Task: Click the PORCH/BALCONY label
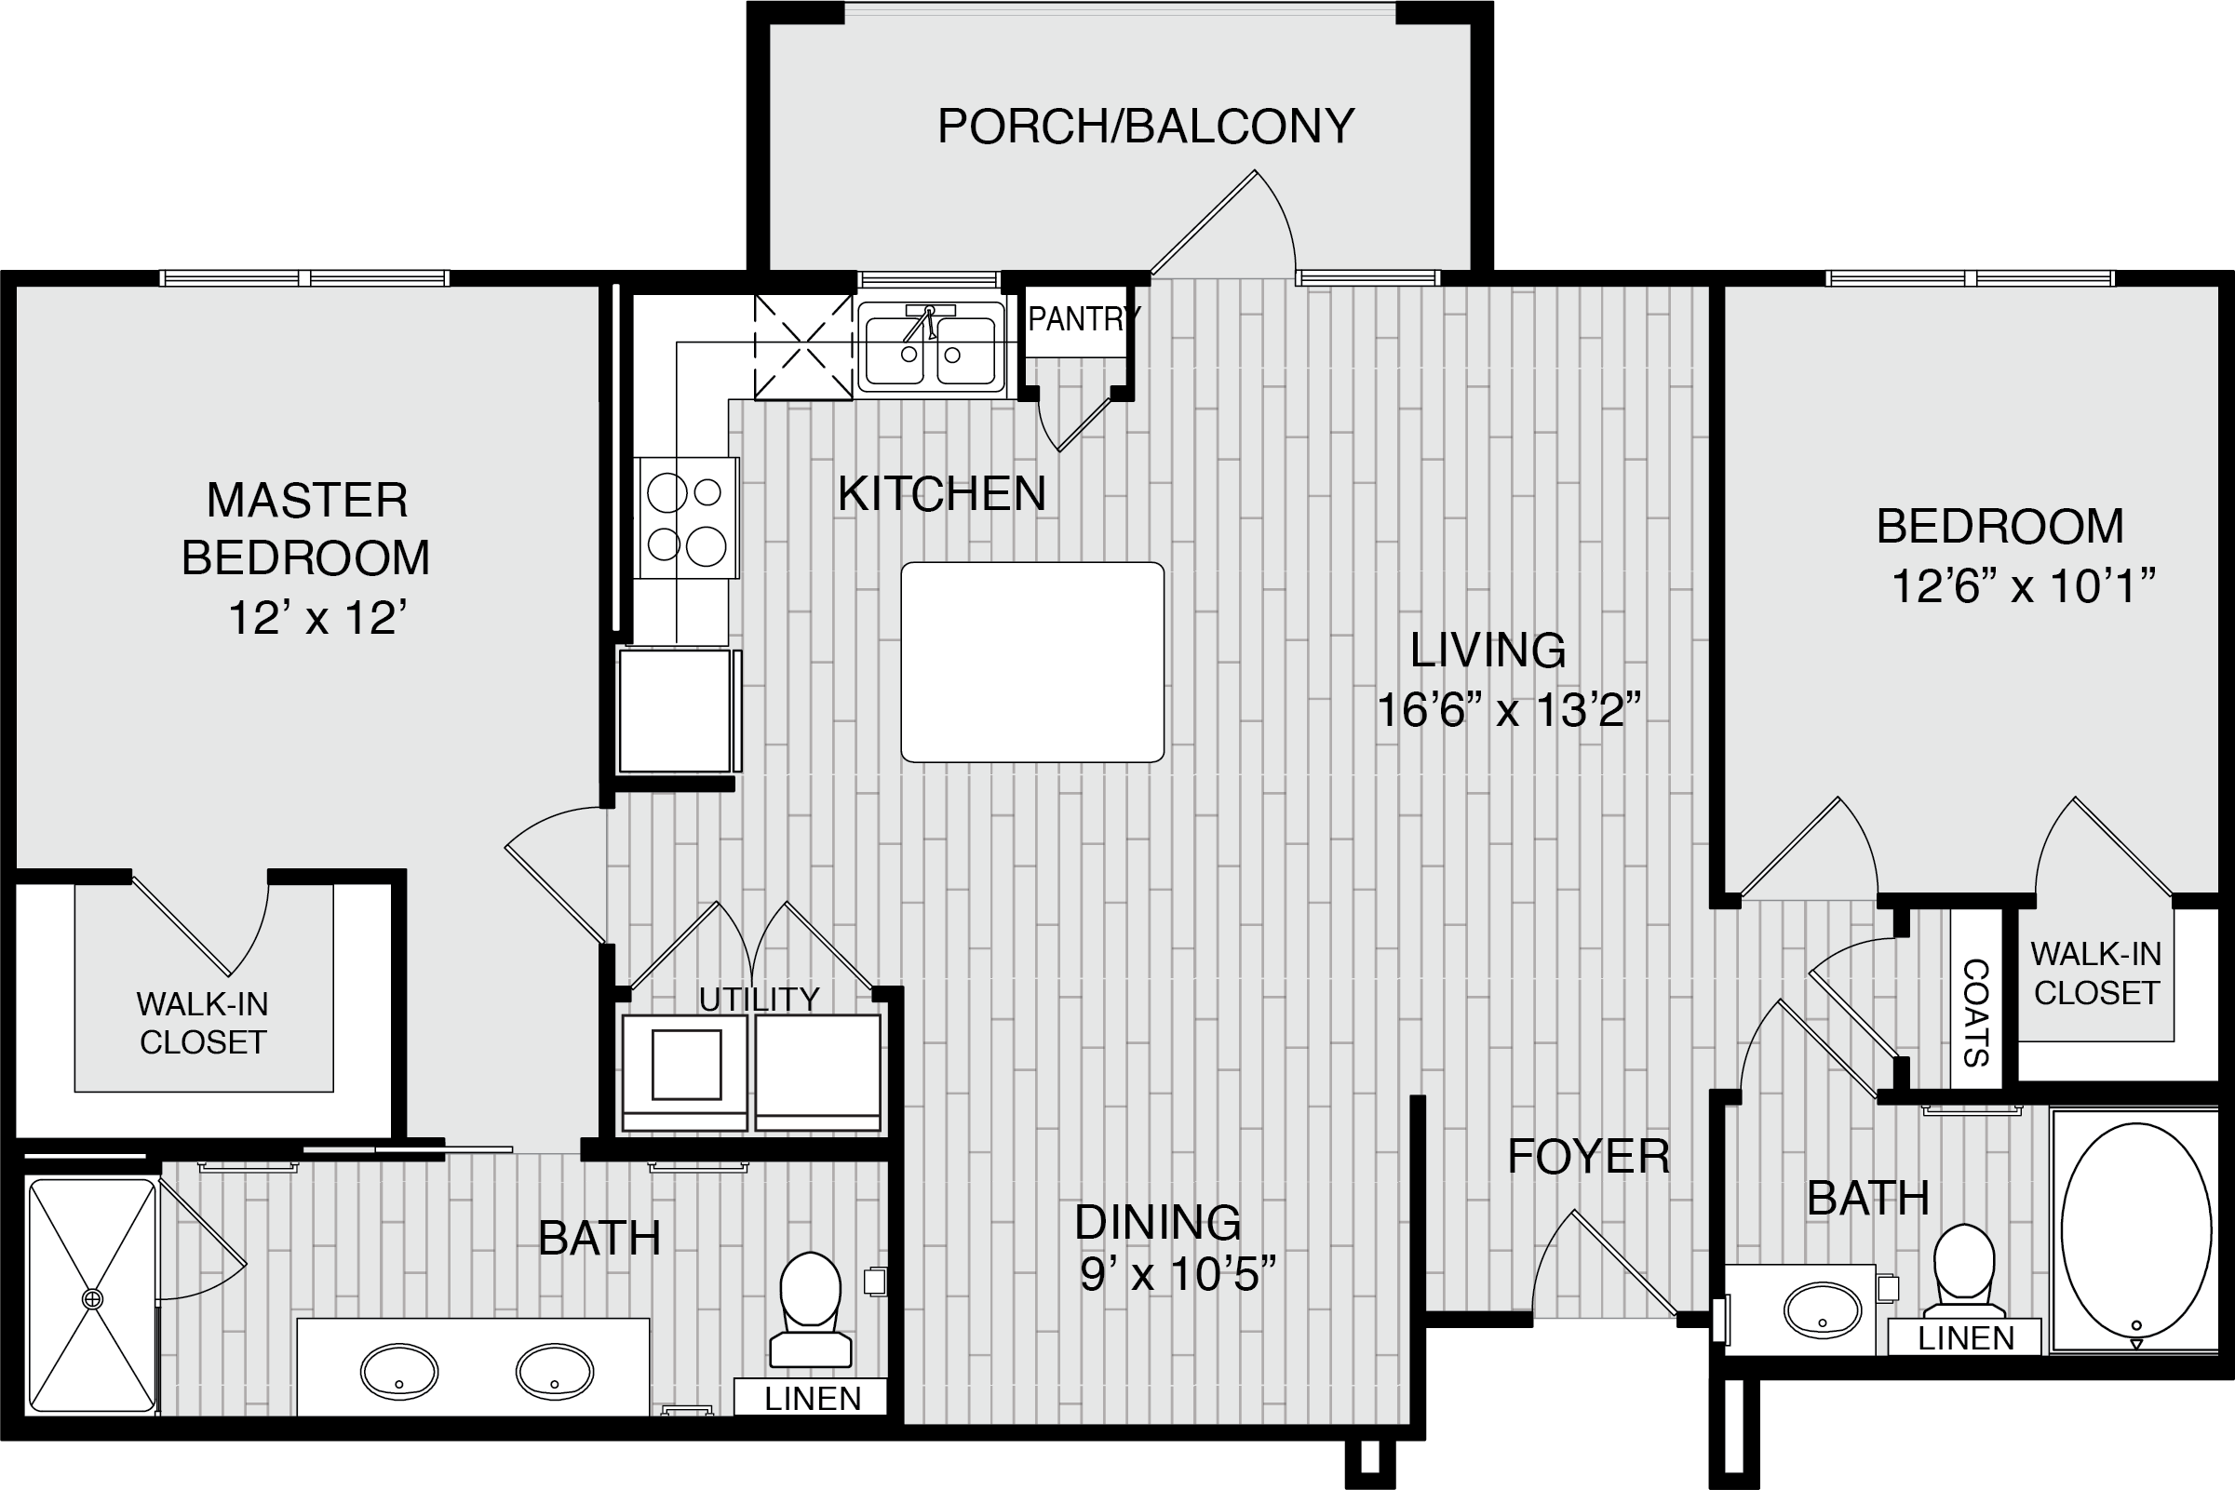(x=1146, y=127)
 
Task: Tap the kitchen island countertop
(x=1032, y=663)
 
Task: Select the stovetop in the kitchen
(x=687, y=517)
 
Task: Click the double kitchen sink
(x=930, y=347)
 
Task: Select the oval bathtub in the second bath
(x=2135, y=1230)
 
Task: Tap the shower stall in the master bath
(x=92, y=1296)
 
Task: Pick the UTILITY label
(x=759, y=1000)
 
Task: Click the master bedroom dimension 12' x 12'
(x=317, y=619)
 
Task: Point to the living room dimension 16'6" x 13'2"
(x=1509, y=710)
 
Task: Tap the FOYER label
(x=1589, y=1157)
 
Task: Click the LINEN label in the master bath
(x=813, y=1399)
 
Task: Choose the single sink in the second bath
(x=1823, y=1311)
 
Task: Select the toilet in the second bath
(x=1964, y=1271)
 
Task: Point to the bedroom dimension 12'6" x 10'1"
(x=2024, y=586)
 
